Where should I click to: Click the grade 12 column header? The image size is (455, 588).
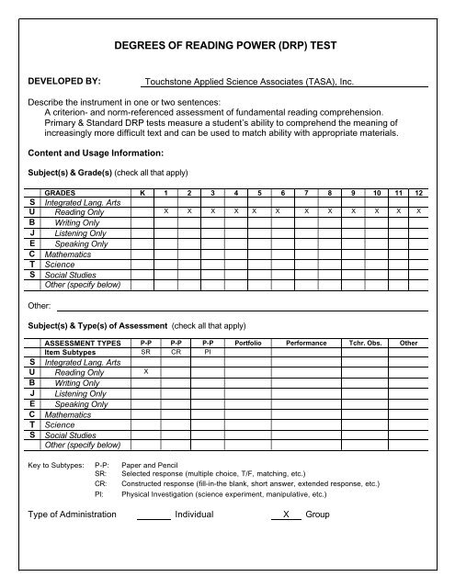tap(419, 194)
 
